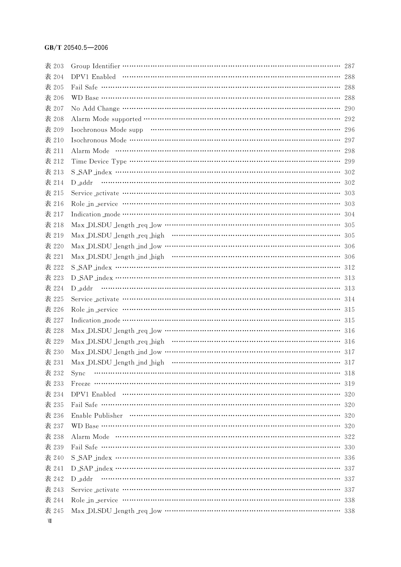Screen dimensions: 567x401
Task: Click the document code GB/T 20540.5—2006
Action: click(x=76, y=48)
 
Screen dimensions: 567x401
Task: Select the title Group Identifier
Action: click(x=95, y=66)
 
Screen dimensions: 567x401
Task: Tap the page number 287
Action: click(x=349, y=66)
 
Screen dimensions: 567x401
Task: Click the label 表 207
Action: click(x=54, y=108)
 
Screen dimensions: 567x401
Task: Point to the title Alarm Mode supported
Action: click(x=106, y=119)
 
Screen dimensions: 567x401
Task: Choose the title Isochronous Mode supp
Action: click(x=107, y=130)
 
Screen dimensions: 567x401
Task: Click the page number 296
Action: click(x=349, y=130)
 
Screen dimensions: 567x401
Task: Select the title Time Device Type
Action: click(x=99, y=162)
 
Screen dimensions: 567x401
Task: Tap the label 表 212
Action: click(x=54, y=162)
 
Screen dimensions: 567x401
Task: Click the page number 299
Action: click(x=349, y=162)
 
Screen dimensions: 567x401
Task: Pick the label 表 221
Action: click(x=54, y=257)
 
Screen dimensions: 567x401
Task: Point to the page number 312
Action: click(x=349, y=267)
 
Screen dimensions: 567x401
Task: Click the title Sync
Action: click(x=78, y=373)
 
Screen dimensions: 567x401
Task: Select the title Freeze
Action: click(x=80, y=384)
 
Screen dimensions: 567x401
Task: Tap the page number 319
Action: click(x=349, y=384)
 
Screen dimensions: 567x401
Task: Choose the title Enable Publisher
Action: click(x=97, y=416)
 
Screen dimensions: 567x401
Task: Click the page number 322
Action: click(x=349, y=437)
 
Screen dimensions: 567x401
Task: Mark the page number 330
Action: click(x=349, y=447)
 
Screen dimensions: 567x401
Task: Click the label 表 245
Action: click(x=54, y=511)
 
